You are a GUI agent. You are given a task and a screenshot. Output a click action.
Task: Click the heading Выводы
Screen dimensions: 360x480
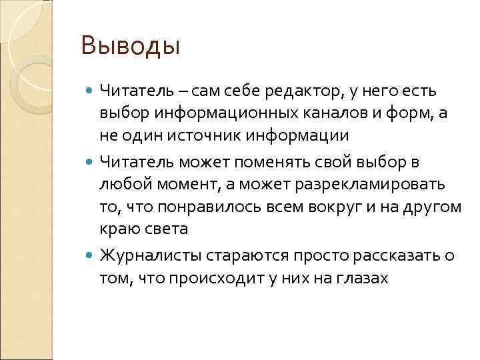[130, 47]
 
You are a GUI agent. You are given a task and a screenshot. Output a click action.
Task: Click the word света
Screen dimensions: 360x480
[167, 229]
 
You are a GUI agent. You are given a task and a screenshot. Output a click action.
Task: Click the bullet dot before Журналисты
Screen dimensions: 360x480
[91, 255]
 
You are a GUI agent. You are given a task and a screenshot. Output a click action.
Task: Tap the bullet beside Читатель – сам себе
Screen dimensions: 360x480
[91, 90]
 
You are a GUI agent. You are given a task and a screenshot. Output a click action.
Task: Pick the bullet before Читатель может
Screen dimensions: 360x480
[91, 161]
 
